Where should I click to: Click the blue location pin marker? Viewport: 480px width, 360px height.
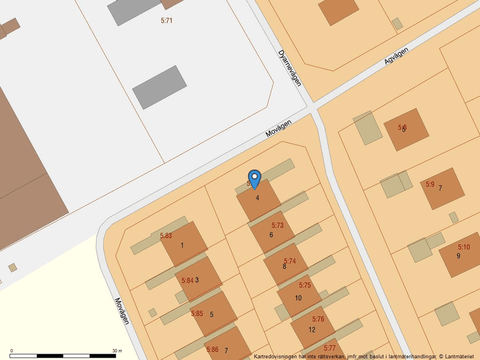click(x=254, y=178)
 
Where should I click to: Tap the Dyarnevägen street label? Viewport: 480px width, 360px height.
click(x=289, y=67)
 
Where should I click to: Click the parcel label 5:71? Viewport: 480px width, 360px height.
click(x=166, y=21)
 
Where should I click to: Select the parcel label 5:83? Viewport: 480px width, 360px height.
click(x=166, y=236)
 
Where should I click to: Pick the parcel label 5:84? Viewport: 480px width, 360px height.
click(x=187, y=280)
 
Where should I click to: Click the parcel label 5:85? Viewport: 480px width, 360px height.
click(x=197, y=313)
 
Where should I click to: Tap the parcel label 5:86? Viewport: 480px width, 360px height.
click(x=212, y=350)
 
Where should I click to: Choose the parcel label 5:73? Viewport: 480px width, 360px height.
click(x=278, y=225)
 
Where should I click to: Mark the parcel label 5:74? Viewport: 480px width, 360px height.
click(x=290, y=261)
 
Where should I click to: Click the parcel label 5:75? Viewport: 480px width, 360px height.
click(x=305, y=286)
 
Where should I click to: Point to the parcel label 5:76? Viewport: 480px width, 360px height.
click(x=318, y=319)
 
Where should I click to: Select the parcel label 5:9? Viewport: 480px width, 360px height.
click(x=430, y=184)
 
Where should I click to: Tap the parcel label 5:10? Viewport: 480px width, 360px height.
click(x=463, y=247)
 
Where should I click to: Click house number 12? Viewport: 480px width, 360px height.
click(x=312, y=330)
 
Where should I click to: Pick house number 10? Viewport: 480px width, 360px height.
click(x=298, y=298)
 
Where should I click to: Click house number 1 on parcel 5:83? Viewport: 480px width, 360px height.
click(x=182, y=245)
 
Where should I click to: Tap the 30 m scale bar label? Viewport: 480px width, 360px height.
click(x=116, y=351)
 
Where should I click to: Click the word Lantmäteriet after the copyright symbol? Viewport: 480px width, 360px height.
click(x=460, y=356)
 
